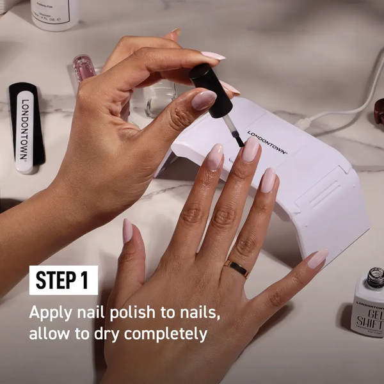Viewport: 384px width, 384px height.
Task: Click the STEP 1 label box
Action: click(63, 280)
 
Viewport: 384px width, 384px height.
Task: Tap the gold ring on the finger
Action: click(237, 268)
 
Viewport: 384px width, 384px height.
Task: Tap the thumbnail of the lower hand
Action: click(127, 230)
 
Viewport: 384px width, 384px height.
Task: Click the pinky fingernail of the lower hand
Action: click(317, 259)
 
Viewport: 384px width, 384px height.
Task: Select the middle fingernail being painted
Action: click(250, 150)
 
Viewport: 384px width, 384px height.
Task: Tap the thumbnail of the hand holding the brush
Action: click(205, 100)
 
